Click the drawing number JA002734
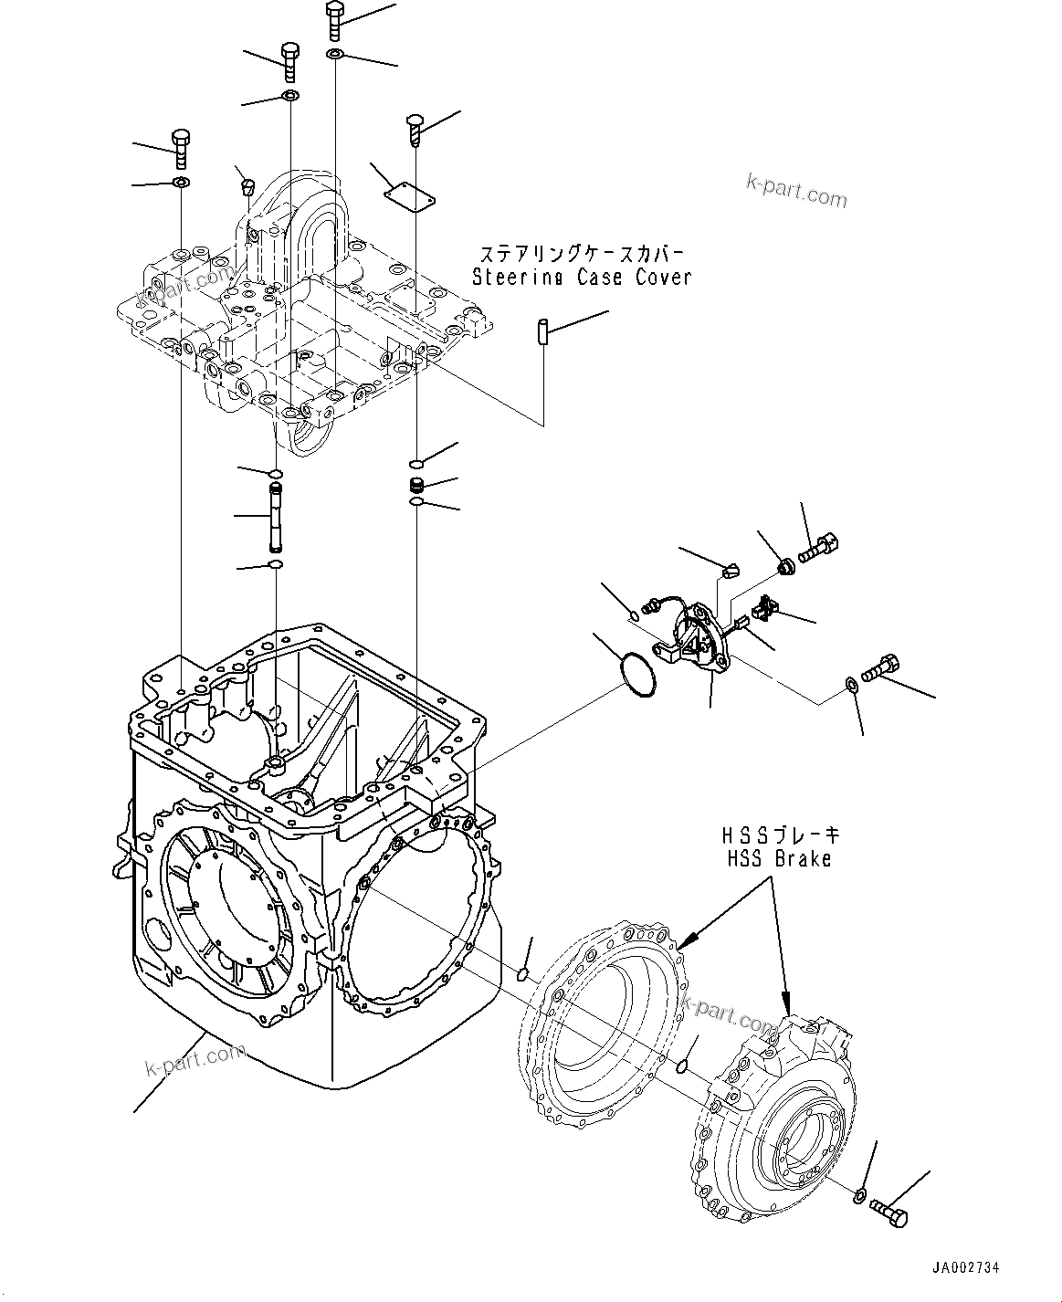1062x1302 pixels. click(x=965, y=1268)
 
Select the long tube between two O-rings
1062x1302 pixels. click(x=275, y=518)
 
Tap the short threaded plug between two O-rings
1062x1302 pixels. click(x=416, y=484)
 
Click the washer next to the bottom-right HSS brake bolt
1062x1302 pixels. click(x=860, y=1196)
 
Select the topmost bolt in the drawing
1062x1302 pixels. click(x=334, y=19)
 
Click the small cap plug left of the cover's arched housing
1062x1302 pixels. click(x=245, y=188)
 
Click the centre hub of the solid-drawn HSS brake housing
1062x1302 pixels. click(x=797, y=1125)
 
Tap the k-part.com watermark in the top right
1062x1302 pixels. click(x=796, y=191)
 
